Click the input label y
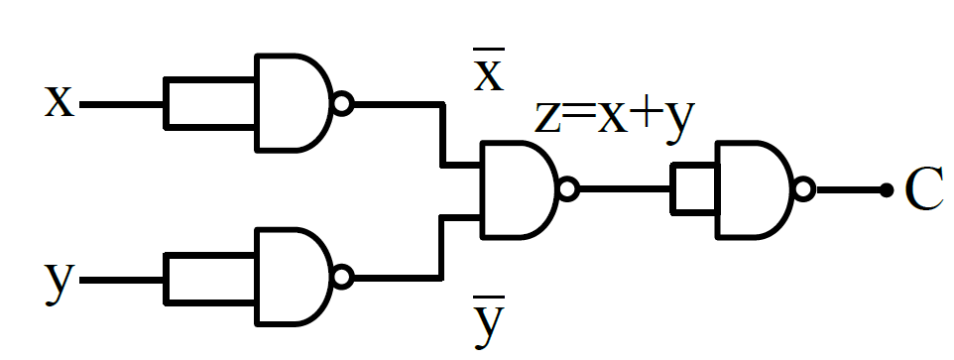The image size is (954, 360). click(x=60, y=283)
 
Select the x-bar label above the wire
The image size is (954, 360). click(x=489, y=70)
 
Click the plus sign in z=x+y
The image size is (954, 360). click(x=643, y=116)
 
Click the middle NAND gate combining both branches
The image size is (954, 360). click(x=519, y=189)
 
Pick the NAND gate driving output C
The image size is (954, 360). click(x=755, y=189)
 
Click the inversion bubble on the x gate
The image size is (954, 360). click(x=342, y=103)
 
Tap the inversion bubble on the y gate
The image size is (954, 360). click(x=342, y=278)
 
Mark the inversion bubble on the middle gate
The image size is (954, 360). click(x=567, y=189)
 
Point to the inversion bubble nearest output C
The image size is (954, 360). click(x=803, y=189)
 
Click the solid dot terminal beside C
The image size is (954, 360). click(x=887, y=190)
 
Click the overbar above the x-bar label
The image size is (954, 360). click(x=489, y=49)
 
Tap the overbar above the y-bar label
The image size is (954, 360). click(x=489, y=298)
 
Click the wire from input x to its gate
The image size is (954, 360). click(x=122, y=104)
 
